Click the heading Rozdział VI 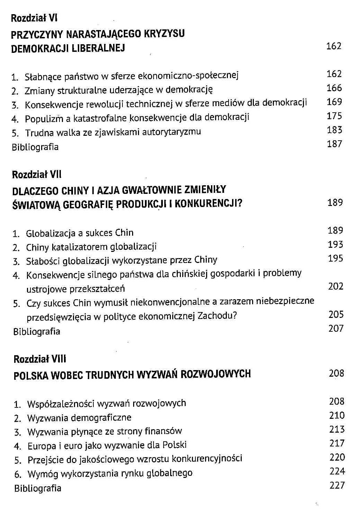(34, 18)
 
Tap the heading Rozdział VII (37, 175)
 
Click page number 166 (334, 88)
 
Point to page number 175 (334, 116)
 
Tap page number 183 (334, 130)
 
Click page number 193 (335, 245)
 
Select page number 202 (335, 286)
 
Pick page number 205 (336, 314)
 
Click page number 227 (337, 486)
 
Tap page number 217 (337, 443)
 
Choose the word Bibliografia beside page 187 (35, 147)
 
